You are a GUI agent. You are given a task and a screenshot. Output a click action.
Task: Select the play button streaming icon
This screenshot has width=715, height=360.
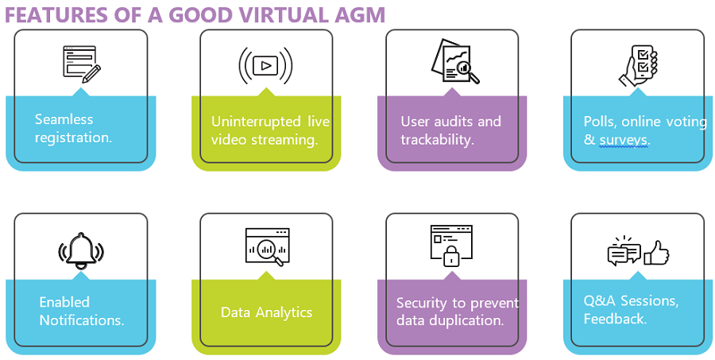tap(266, 64)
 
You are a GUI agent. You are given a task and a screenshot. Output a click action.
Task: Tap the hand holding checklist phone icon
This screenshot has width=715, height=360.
tap(638, 64)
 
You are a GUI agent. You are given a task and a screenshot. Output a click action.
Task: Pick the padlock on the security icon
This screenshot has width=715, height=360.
tap(451, 256)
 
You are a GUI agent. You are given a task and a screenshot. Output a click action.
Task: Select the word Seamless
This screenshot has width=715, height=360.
tap(64, 119)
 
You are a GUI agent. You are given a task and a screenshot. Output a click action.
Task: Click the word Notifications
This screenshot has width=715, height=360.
tap(82, 320)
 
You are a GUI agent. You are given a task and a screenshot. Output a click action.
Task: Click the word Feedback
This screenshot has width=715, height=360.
tap(614, 319)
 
